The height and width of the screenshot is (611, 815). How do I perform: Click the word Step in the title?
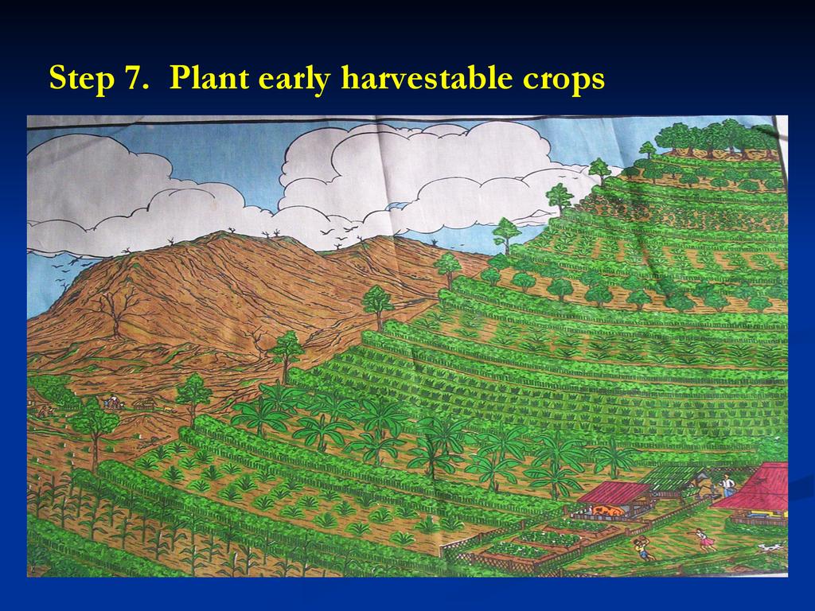coord(82,79)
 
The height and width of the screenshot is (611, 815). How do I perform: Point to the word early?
coord(294,80)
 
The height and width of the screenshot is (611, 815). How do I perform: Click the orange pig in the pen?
coord(606,511)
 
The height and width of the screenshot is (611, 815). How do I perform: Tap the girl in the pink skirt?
coord(704,539)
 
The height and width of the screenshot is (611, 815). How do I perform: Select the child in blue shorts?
coord(643,548)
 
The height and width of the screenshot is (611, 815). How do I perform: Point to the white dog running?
coord(770,547)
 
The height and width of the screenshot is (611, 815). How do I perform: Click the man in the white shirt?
coord(727,485)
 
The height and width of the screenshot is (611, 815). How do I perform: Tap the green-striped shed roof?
coord(669,478)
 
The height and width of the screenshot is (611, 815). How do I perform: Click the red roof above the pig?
coord(614,492)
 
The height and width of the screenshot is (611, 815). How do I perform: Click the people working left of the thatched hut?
coord(112,403)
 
